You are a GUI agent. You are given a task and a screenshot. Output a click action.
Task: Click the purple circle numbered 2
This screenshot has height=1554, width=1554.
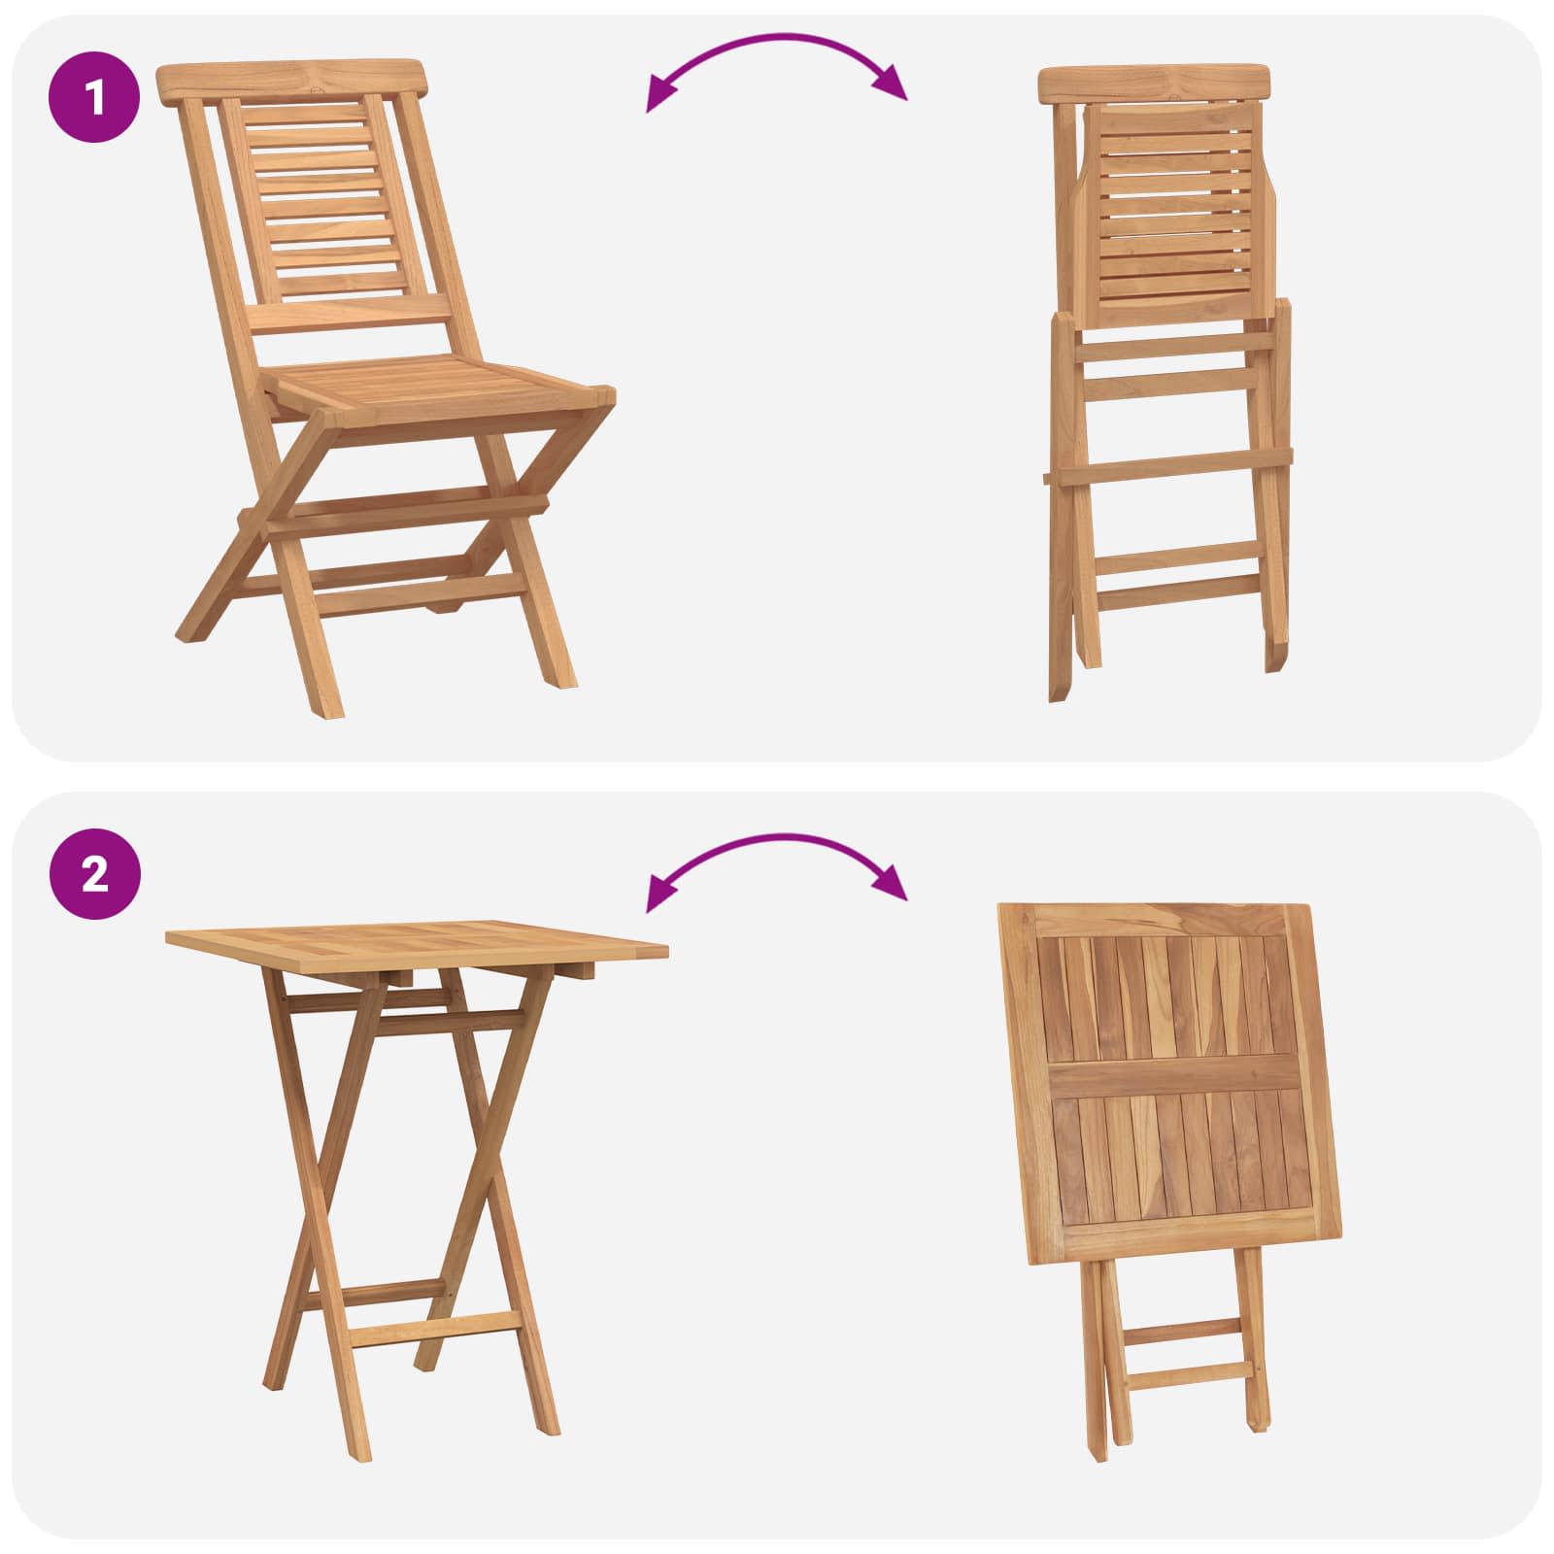coord(95,875)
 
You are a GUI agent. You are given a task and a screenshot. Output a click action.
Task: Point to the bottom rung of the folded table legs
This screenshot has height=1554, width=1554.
coord(1185,1374)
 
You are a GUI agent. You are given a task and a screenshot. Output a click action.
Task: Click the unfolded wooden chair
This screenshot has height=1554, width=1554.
coord(388,388)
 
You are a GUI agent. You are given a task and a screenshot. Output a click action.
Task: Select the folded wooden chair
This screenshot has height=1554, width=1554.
coord(1165,383)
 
